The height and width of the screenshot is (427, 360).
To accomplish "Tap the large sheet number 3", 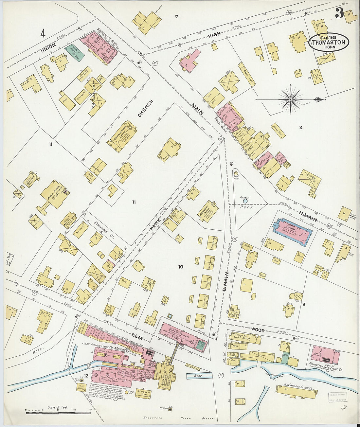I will (339, 13).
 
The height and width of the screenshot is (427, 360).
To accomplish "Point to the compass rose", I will (291, 98).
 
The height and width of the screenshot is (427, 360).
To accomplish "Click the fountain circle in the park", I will (250, 201).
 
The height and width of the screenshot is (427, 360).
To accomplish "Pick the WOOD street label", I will (258, 330).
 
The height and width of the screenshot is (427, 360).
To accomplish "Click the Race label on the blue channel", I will (198, 376).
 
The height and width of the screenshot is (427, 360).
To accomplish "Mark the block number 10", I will (181, 267).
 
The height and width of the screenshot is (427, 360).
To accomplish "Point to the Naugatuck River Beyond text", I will (180, 418).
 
